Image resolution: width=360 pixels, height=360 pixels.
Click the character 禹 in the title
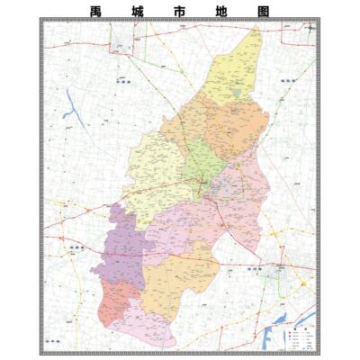pyautogui.click(x=96, y=12)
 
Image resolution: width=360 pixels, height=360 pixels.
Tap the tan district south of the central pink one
pyautogui.click(x=173, y=283)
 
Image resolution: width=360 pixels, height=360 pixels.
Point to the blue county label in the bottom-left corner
pyautogui.click(x=55, y=341)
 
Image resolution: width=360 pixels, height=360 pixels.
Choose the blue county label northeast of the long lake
pyautogui.click(x=123, y=80)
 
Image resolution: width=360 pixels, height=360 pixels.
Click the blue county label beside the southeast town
pyautogui.click(x=255, y=267)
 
